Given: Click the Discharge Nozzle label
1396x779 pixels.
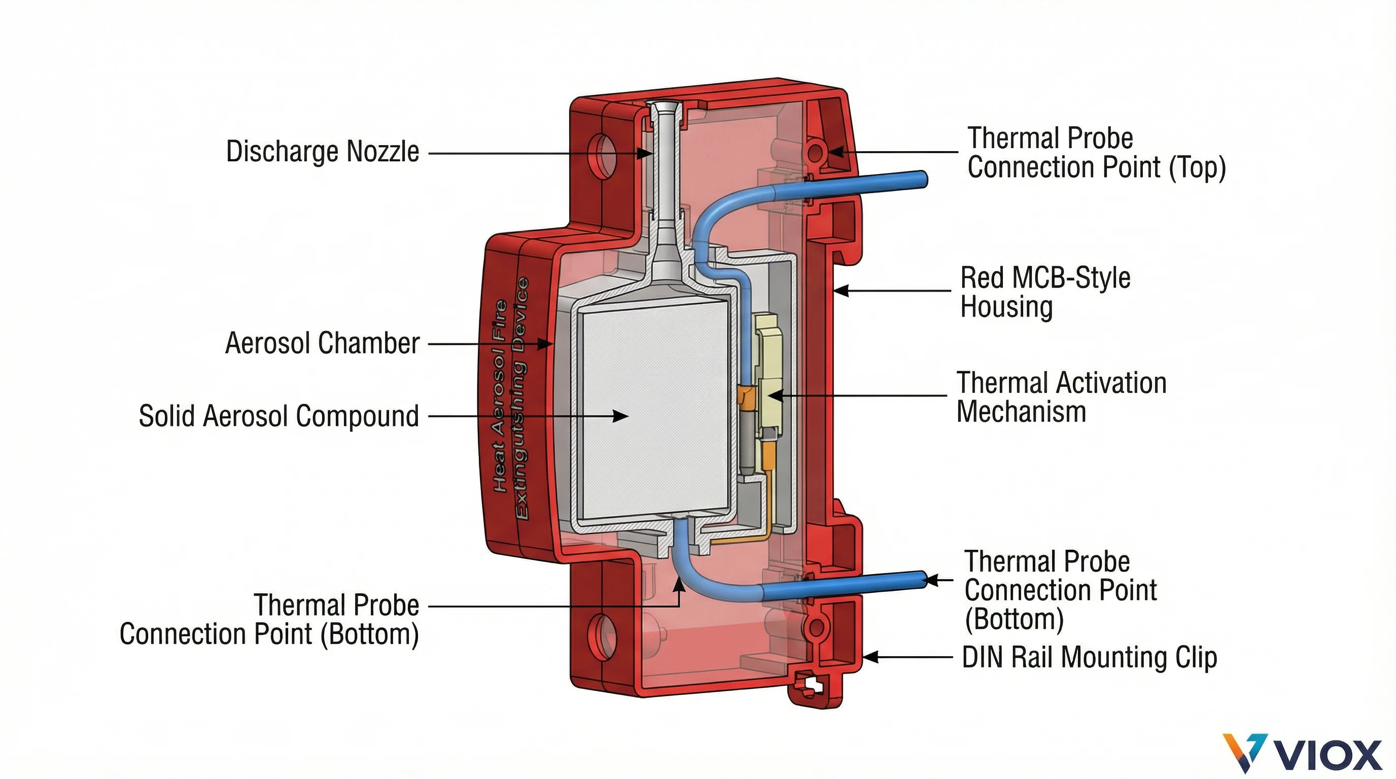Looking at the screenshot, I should tap(323, 152).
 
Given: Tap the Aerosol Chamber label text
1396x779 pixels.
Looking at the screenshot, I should tap(323, 343).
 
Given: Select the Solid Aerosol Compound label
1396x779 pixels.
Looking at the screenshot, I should tap(278, 416).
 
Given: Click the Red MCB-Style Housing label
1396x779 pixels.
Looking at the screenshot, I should tap(1045, 292).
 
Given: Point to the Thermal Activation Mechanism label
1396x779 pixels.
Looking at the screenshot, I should tap(1061, 397).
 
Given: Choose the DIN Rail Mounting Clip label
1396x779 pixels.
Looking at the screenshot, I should tap(1089, 657).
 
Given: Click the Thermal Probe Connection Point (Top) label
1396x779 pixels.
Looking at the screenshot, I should tap(1096, 153).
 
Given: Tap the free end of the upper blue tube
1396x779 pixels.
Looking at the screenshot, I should tap(921, 180).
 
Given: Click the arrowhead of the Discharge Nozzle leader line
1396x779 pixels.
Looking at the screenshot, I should tap(645, 153).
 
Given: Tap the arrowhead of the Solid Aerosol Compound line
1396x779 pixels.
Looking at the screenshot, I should tap(621, 416).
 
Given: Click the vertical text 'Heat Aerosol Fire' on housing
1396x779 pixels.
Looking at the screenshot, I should tap(499, 396).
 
